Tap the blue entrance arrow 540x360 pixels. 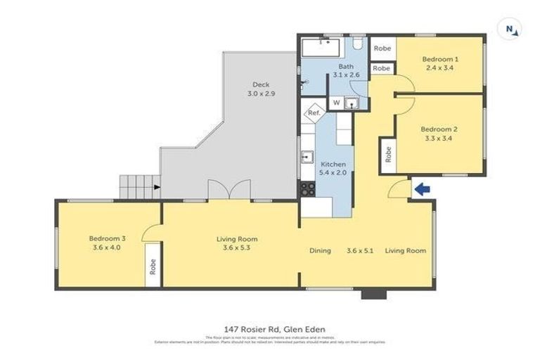pos(422,188)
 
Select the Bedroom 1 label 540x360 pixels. pos(440,64)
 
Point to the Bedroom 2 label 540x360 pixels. pos(439,134)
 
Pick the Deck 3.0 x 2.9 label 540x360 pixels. pos(261,89)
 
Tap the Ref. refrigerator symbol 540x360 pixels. pos(313,112)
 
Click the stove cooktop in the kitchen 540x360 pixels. pos(308,188)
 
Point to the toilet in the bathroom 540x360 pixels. pos(357,45)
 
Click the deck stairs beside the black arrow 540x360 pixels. pos(135,186)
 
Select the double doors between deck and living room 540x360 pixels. pos(229,191)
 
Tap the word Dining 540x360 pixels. pos(320,250)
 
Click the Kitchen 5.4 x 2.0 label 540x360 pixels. pos(333,168)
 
